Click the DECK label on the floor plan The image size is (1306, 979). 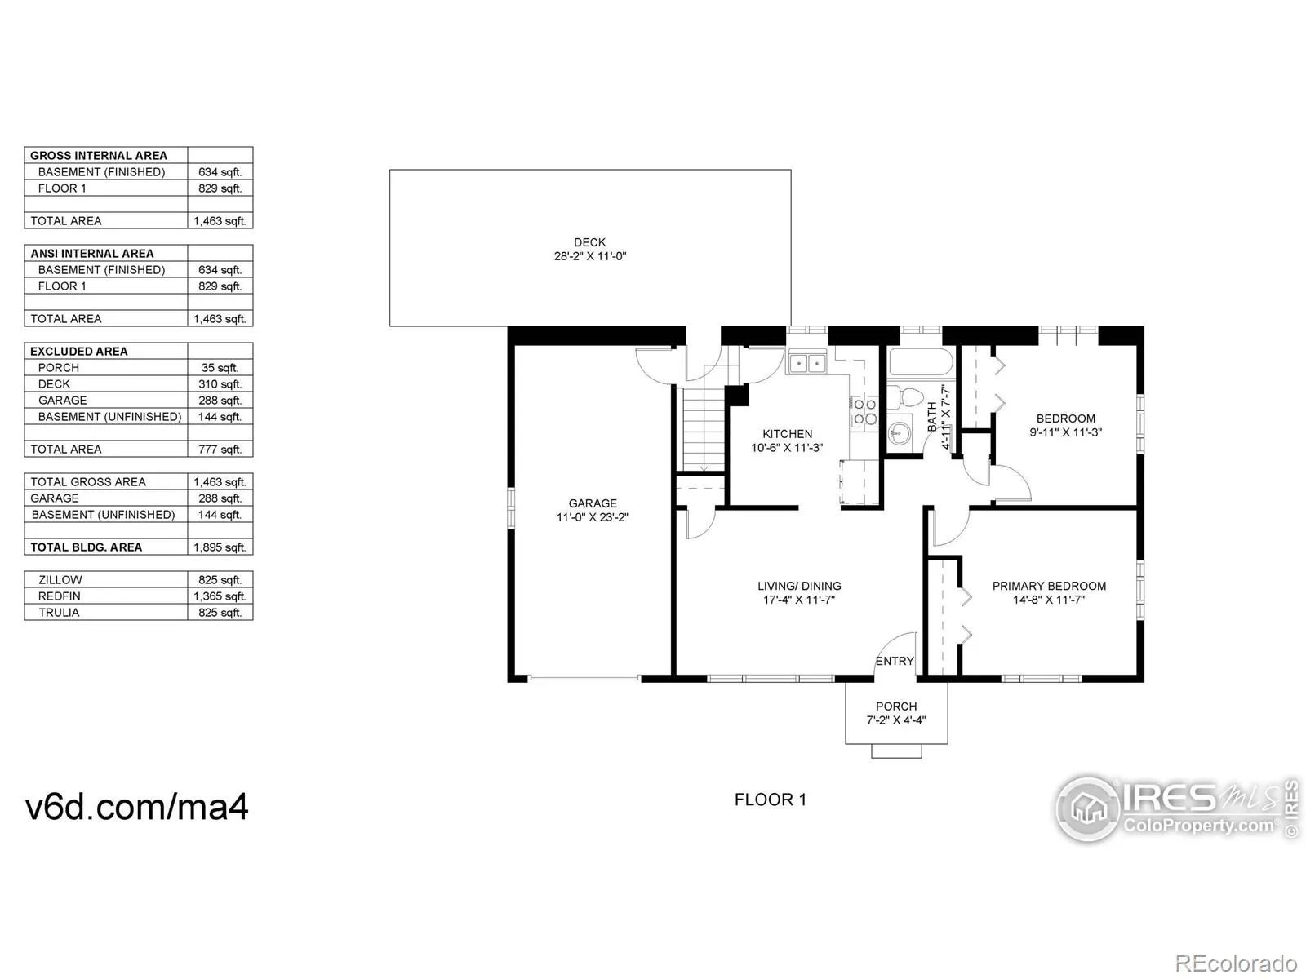click(589, 242)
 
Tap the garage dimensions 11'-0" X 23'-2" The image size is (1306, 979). click(592, 517)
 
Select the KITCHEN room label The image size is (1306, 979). click(787, 434)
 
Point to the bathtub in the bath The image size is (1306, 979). click(921, 361)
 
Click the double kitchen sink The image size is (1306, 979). click(807, 361)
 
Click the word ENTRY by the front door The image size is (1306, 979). click(895, 661)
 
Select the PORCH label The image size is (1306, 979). click(896, 707)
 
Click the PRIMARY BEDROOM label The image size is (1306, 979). click(1049, 586)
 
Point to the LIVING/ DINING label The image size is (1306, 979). click(799, 586)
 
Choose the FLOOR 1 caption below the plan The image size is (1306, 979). click(771, 800)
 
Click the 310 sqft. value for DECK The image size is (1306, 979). click(220, 384)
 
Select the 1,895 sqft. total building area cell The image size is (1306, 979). click(220, 547)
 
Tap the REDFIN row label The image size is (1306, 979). click(60, 596)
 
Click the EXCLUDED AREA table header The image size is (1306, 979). click(79, 352)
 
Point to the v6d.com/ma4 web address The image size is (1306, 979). click(136, 807)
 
